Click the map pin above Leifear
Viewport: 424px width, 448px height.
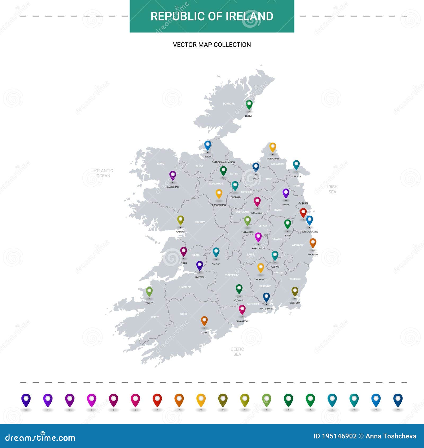249,105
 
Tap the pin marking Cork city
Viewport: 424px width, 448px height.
204,321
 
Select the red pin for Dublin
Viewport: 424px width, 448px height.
303,213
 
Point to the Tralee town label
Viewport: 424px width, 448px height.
149,303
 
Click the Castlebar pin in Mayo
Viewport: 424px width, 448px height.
173,175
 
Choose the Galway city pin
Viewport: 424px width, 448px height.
180,220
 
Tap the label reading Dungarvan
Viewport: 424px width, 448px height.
242,321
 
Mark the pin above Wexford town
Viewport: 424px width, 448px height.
295,291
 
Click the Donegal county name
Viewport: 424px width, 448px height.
229,104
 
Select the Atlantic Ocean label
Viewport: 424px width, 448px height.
103,173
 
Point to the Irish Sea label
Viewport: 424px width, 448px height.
332,189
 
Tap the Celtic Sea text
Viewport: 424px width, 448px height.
237,352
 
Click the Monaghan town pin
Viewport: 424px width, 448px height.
273,147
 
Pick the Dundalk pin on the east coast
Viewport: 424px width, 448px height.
296,165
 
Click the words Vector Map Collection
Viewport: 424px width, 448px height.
212,45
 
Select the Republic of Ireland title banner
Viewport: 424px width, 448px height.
212,16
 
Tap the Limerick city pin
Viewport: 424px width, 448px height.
200,266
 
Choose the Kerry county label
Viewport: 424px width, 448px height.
155,317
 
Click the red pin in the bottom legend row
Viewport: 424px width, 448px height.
157,400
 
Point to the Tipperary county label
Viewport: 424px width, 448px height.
232,275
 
